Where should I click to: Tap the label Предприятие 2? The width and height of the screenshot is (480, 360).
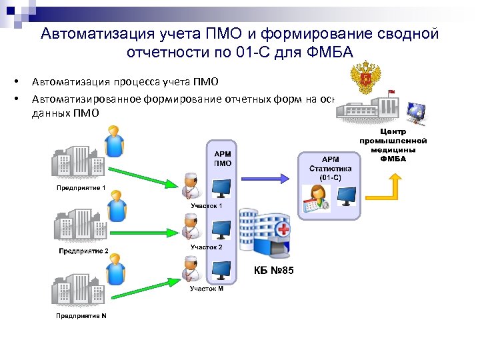[83, 251]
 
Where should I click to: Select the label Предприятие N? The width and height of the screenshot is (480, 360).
[81, 315]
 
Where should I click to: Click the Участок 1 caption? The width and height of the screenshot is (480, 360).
[207, 206]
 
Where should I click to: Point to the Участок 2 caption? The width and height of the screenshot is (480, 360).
[207, 247]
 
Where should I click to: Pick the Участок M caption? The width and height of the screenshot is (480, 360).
[207, 289]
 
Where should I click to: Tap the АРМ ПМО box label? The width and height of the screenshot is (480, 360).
[223, 158]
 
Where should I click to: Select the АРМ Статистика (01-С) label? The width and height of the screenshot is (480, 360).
[330, 169]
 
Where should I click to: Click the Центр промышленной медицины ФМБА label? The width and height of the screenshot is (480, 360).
[393, 145]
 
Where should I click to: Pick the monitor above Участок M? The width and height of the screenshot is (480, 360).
[221, 270]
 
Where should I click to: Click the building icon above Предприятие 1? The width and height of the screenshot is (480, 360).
[75, 161]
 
